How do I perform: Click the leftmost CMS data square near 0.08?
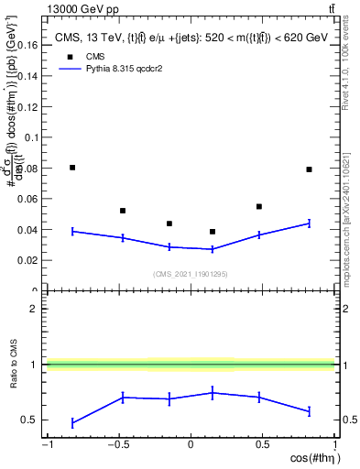pos(72,168)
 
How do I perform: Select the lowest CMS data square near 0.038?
pos(213,232)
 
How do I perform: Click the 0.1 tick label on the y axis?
pos(30,136)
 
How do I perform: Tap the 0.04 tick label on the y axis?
pos(27,229)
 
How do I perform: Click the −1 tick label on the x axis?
pos(47,445)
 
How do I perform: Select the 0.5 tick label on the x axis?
pos(262,445)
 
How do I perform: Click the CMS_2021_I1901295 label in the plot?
pos(190,274)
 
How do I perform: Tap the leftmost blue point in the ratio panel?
pos(72,423)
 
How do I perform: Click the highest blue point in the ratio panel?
pos(213,393)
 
